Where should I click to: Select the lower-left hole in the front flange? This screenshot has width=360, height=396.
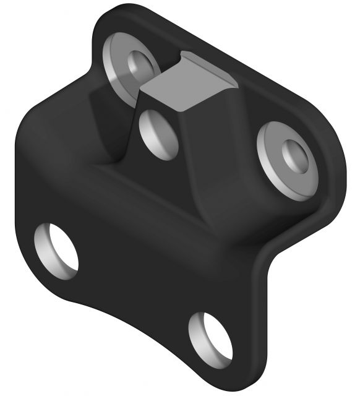pos(56,248)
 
